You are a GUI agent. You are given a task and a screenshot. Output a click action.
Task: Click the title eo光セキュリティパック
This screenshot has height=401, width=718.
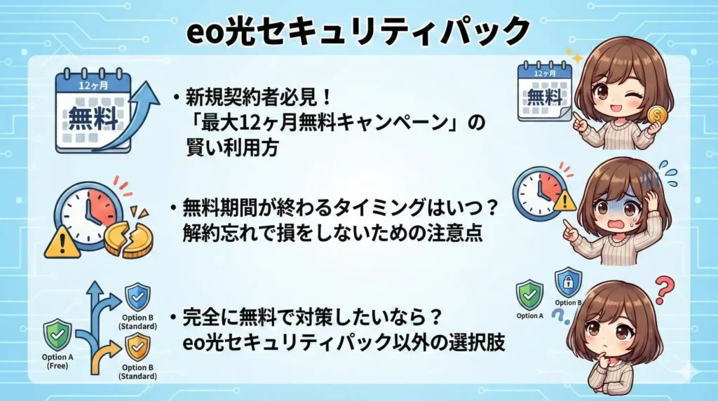pyautogui.click(x=358, y=32)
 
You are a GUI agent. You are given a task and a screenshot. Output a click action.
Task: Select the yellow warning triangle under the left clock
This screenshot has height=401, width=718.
pyautogui.click(x=62, y=242)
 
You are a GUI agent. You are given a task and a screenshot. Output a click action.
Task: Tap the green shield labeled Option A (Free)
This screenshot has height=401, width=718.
pyautogui.click(x=58, y=334)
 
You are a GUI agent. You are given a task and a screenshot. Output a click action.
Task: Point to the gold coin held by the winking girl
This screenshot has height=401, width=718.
pyautogui.click(x=658, y=115)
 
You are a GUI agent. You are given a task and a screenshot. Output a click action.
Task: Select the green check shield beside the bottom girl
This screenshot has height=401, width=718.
pyautogui.click(x=529, y=294)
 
